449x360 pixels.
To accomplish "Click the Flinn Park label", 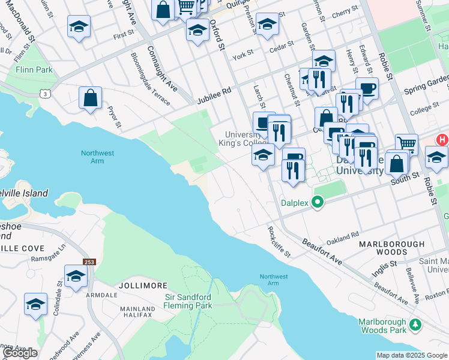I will pyautogui.click(x=35, y=70).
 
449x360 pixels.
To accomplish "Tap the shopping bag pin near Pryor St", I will pyautogui.click(x=90, y=98).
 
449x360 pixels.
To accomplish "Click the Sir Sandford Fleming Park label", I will pyautogui.click(x=188, y=301).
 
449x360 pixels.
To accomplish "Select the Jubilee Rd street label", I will pyautogui.click(x=214, y=96).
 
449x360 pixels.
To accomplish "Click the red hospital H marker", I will pyautogui.click(x=442, y=140).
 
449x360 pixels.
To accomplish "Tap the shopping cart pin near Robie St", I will pyautogui.click(x=406, y=144).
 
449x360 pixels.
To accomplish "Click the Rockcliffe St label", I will pyautogui.click(x=279, y=241).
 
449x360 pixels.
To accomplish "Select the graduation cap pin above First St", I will pyautogui.click(x=79, y=26).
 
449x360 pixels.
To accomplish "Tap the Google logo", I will pyautogui.click(x=20, y=353).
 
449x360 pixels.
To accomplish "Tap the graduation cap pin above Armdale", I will pyautogui.click(x=76, y=275).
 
